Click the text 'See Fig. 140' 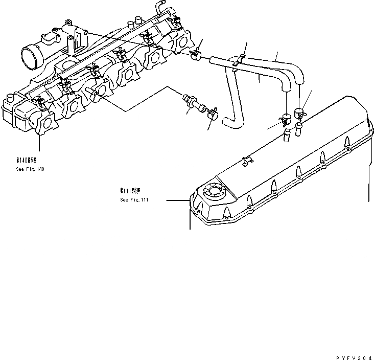30,169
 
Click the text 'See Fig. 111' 134,200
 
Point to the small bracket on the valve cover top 247,160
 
